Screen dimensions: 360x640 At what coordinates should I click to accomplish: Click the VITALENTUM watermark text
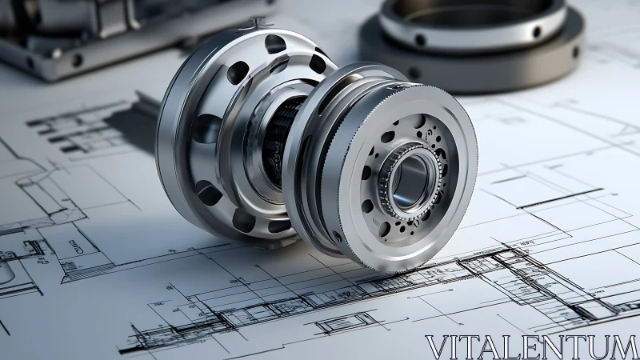(531, 346)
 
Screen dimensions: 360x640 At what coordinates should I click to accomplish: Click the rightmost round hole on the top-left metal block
(77, 60)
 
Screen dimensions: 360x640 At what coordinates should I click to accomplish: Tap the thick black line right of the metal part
(559, 198)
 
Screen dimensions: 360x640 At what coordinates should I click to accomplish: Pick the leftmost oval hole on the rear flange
(206, 128)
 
